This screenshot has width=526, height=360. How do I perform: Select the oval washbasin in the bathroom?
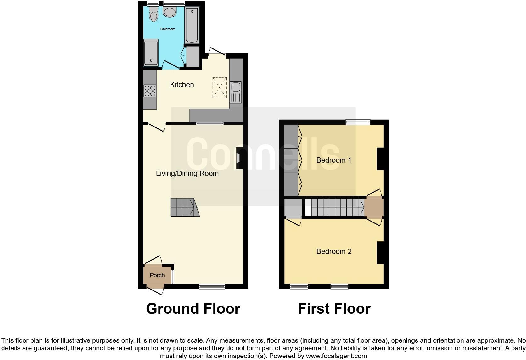click(x=170, y=12)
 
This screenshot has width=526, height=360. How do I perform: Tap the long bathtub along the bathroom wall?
click(x=192, y=25)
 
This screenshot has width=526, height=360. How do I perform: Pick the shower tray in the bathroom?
click(x=151, y=53)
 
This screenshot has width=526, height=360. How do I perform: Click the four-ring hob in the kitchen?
click(x=150, y=91)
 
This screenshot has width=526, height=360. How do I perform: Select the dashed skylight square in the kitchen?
click(x=219, y=88)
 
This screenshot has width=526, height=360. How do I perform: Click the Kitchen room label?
click(x=182, y=85)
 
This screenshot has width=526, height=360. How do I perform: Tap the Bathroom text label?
click(x=168, y=29)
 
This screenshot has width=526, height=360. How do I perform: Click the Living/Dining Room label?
click(x=187, y=173)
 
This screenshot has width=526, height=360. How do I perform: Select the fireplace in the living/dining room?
click(x=239, y=159)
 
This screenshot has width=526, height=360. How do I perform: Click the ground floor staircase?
click(x=184, y=207)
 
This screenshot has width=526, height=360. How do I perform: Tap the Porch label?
click(x=157, y=275)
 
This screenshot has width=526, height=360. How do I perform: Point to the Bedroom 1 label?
click(x=333, y=160)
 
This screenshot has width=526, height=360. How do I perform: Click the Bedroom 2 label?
click(x=333, y=251)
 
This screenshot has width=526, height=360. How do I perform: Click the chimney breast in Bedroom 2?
click(x=380, y=253)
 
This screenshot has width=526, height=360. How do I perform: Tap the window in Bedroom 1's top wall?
click(x=358, y=122)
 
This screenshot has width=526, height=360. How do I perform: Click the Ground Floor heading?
click(x=193, y=309)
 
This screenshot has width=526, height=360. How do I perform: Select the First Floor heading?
click(x=334, y=309)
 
